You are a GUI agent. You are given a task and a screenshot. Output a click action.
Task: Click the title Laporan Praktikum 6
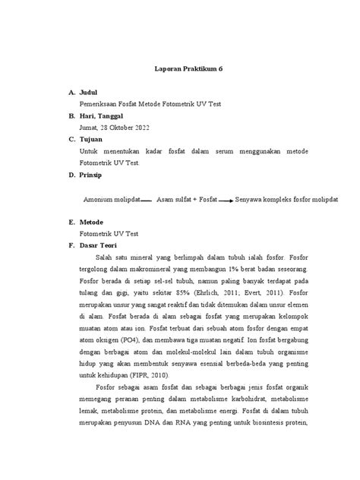[179, 68]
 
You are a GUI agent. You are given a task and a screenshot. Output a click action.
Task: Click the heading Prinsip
[95, 175]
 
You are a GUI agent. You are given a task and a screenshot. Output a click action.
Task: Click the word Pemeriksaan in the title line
[103, 103]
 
